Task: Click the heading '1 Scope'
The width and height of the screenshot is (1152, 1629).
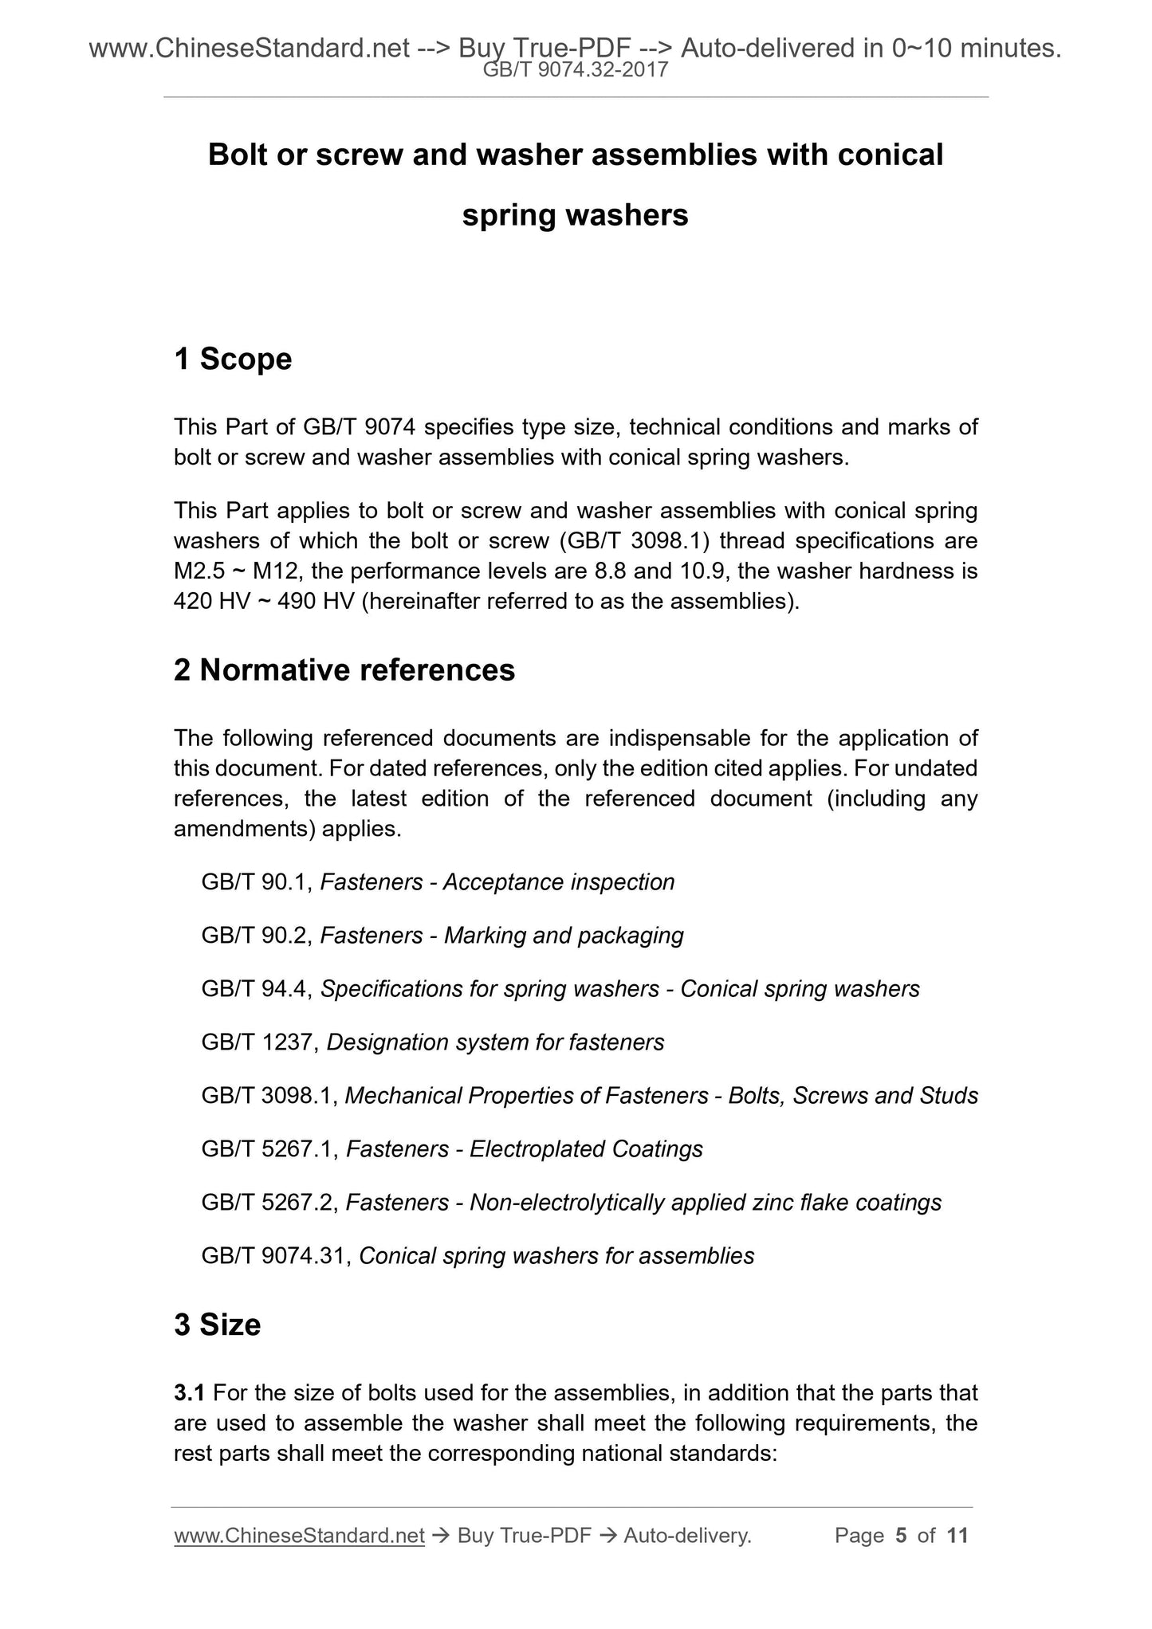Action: tap(233, 359)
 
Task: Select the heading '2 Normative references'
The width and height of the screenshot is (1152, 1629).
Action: tap(344, 670)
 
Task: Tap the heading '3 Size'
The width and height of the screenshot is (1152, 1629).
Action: tap(217, 1325)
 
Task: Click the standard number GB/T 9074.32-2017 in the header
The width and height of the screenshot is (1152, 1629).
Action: tap(576, 71)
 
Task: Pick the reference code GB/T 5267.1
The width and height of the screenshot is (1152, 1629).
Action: tap(269, 1149)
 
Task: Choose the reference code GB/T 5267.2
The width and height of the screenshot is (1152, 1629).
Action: tap(269, 1203)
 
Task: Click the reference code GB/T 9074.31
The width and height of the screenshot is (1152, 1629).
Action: tap(276, 1256)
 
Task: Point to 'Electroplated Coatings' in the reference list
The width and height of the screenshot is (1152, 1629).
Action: tap(586, 1149)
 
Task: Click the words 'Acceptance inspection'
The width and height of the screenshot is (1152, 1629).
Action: tap(559, 882)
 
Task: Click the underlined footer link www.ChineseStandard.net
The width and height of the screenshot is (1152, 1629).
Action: tap(299, 1536)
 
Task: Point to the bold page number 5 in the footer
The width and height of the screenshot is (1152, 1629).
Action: tap(901, 1536)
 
